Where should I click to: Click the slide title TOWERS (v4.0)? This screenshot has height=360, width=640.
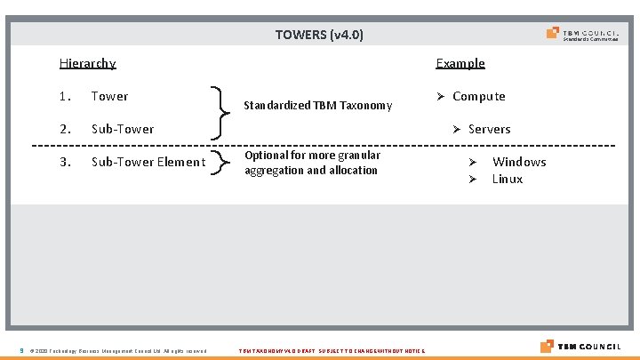pyautogui.click(x=319, y=36)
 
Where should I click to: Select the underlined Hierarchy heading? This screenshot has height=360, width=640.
pyautogui.click(x=87, y=63)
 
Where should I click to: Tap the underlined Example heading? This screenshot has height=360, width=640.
pyautogui.click(x=460, y=63)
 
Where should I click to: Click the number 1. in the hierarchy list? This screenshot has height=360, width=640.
pyautogui.click(x=65, y=96)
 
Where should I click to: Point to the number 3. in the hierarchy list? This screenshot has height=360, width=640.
pyautogui.click(x=65, y=162)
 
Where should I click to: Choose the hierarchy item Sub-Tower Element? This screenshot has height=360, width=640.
pyautogui.click(x=148, y=162)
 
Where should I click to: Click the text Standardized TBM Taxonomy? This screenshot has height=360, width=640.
pyautogui.click(x=317, y=106)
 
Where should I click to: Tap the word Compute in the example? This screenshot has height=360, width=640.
pyautogui.click(x=478, y=96)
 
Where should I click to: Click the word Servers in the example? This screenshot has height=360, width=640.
pyautogui.click(x=489, y=129)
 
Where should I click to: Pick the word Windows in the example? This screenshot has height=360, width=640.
pyautogui.click(x=519, y=162)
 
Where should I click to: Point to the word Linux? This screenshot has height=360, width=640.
pyautogui.click(x=508, y=179)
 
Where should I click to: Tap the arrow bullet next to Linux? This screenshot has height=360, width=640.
pyautogui.click(x=474, y=180)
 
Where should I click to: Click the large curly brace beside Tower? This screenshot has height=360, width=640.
pyautogui.click(x=219, y=112)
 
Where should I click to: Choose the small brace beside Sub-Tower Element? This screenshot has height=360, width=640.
pyautogui.click(x=218, y=162)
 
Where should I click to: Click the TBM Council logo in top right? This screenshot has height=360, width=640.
pyautogui.click(x=583, y=35)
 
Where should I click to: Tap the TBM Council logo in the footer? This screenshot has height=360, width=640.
pyautogui.click(x=580, y=346)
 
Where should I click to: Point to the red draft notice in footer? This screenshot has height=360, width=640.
pyautogui.click(x=332, y=351)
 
